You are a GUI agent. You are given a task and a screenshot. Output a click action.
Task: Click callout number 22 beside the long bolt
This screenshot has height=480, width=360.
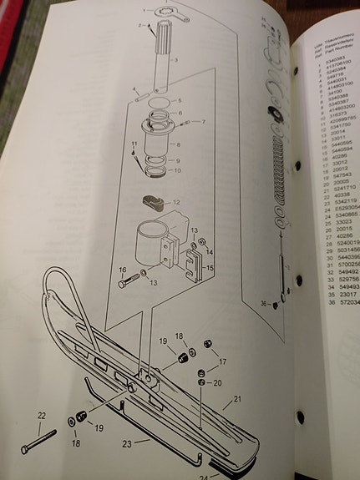pyautogui.click(x=40, y=415)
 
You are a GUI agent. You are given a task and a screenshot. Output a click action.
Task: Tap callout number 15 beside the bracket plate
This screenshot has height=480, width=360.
pyautogui.click(x=209, y=268)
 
